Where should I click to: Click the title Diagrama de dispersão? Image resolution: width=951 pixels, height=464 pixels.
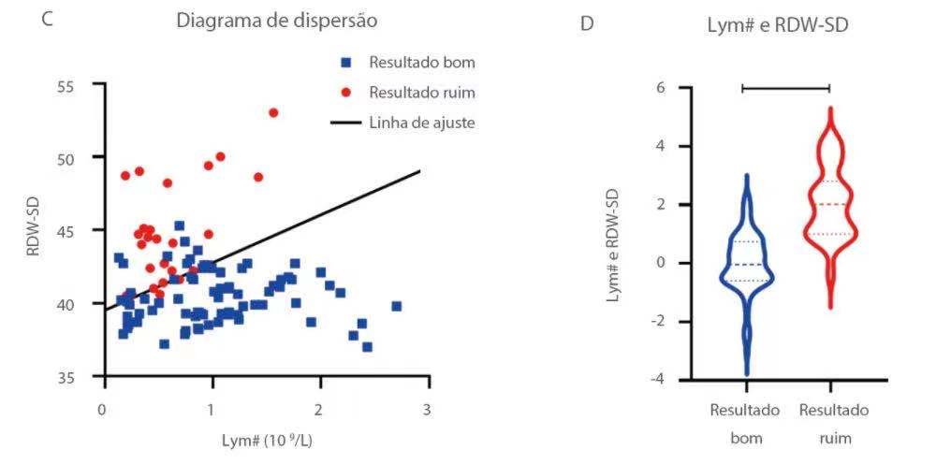(x=277, y=21)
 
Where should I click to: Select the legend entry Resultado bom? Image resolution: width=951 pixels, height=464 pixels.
(x=421, y=63)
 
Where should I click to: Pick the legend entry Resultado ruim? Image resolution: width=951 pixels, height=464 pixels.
(x=421, y=92)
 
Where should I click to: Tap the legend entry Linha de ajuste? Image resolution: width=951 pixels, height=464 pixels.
(x=421, y=122)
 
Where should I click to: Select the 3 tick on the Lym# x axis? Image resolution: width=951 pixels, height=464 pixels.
(x=429, y=410)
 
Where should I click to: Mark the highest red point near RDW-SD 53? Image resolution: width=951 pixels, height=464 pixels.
(x=273, y=112)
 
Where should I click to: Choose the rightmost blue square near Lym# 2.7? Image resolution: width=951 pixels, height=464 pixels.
(x=396, y=306)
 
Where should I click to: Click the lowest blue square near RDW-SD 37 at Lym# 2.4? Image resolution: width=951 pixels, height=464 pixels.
(x=367, y=346)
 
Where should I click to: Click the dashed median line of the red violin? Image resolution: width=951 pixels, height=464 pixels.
(x=830, y=204)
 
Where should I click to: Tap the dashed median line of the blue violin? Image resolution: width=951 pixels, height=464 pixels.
(x=746, y=265)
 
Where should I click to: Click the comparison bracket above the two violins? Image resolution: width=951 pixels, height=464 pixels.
(x=785, y=88)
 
